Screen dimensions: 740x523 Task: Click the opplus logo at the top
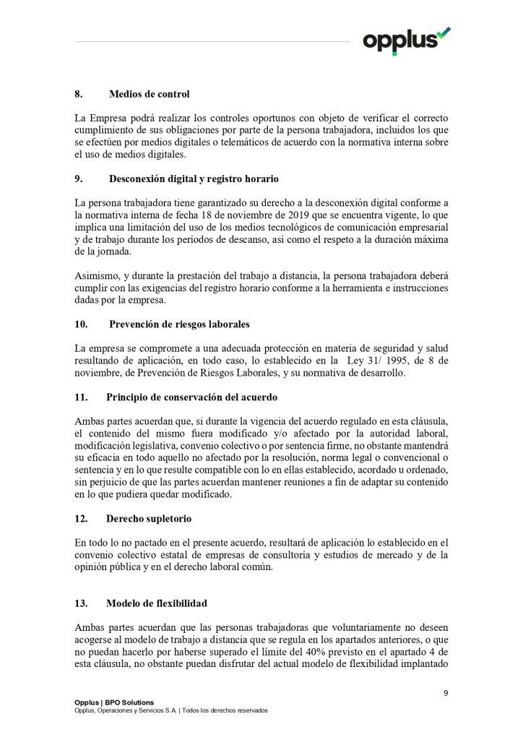tap(406, 39)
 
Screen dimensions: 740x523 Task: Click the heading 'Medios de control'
tap(149, 94)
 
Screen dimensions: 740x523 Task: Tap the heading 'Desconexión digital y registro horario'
tap(194, 178)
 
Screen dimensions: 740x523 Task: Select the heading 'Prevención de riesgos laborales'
tap(179, 323)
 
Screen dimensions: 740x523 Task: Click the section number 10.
tap(81, 323)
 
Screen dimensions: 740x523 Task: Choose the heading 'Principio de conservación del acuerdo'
tap(191, 397)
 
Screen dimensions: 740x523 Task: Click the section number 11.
tap(81, 397)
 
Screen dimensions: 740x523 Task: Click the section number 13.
tap(81, 603)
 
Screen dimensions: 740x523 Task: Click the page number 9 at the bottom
tap(446, 694)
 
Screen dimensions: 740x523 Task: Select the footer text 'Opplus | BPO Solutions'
tap(114, 702)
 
